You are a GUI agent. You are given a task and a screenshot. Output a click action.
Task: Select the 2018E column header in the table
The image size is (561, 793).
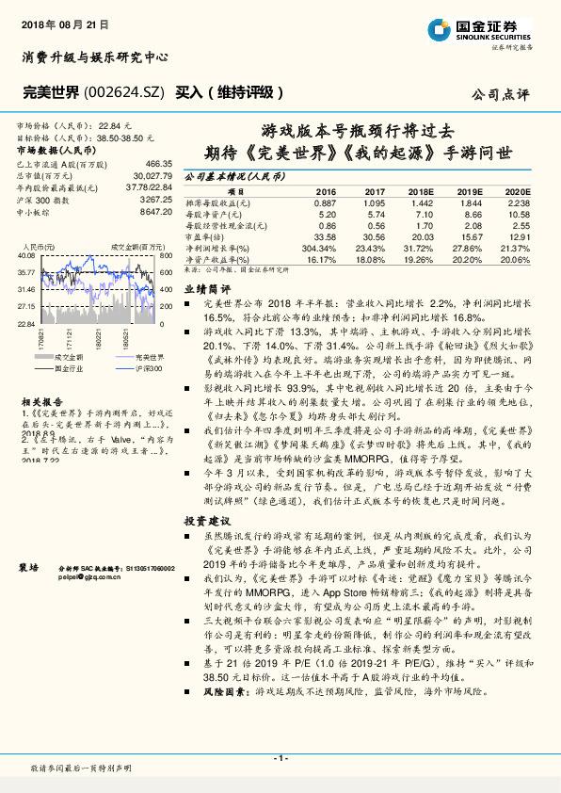pyautogui.click(x=422, y=190)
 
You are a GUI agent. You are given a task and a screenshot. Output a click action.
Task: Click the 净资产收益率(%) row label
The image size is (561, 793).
pyautogui.click(x=216, y=259)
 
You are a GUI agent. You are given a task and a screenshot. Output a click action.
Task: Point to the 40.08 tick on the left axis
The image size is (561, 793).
pyautogui.click(x=25, y=254)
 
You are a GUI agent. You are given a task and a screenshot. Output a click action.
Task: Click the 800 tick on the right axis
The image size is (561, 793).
pyautogui.click(x=167, y=254)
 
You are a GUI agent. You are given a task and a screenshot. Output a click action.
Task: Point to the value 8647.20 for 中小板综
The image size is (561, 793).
pyautogui.click(x=154, y=212)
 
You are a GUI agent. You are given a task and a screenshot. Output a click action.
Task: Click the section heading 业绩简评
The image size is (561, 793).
pyautogui.click(x=206, y=290)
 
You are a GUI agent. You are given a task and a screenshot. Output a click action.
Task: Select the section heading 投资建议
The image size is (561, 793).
pyautogui.click(x=206, y=520)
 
